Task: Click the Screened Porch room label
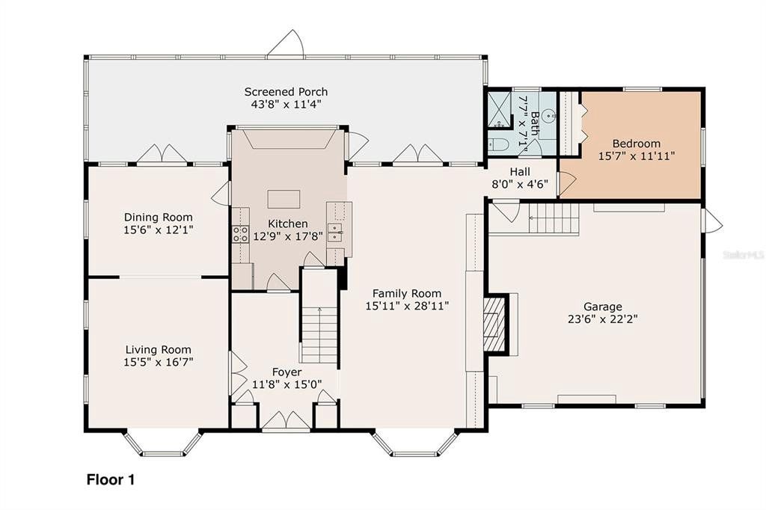point(286,92)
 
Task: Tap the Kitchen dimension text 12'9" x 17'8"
point(288,236)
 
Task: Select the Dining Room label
point(159,217)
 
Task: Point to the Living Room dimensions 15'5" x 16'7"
point(159,362)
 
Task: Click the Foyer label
point(287,372)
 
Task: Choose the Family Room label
point(407,293)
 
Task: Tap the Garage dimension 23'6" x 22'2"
point(603,319)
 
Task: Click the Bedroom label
point(637,143)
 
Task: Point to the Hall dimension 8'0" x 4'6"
point(520,184)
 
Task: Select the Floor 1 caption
point(111,479)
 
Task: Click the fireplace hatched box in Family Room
point(494,325)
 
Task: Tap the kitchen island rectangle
point(284,200)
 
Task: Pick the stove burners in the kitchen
point(240,234)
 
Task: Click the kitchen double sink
point(335,233)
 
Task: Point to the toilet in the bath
point(498,144)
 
